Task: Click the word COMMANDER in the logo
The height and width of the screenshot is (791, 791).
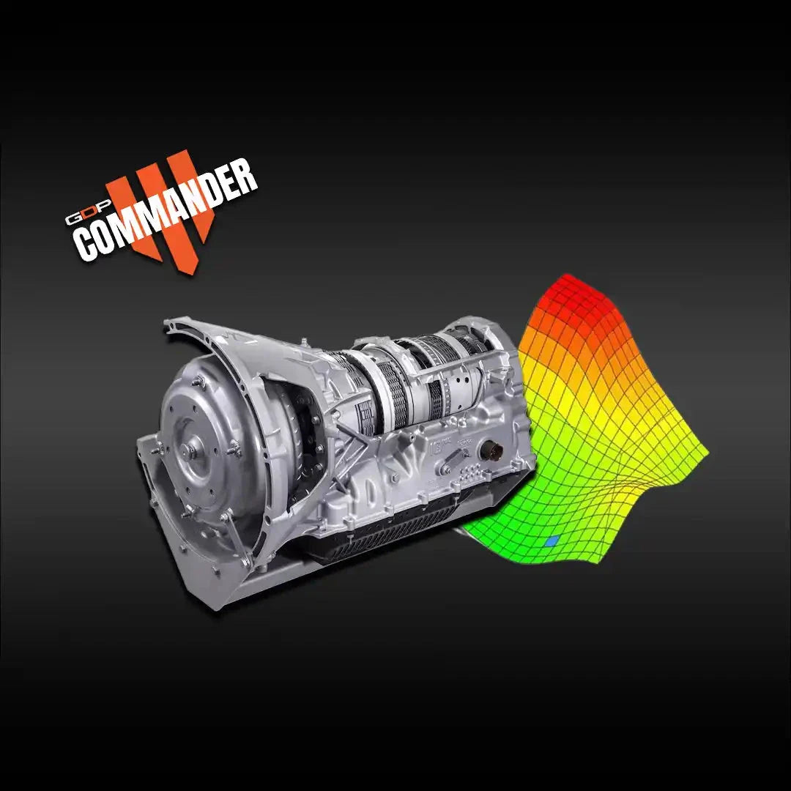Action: click(168, 212)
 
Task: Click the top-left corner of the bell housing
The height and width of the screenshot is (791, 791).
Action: click(170, 323)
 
